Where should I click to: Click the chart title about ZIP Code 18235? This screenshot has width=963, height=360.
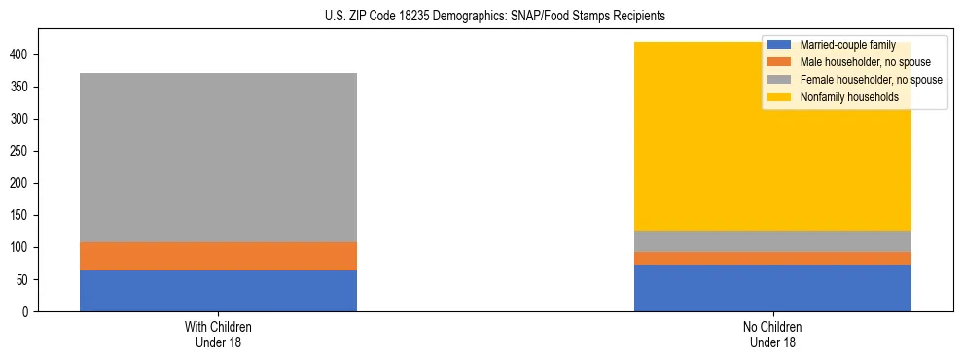[x=481, y=17]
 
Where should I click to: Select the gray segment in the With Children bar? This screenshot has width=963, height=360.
[x=218, y=158]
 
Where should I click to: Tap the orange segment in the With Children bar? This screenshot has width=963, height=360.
[x=218, y=256]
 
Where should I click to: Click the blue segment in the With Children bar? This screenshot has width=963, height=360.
[x=218, y=291]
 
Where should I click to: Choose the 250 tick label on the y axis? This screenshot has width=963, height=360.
[x=20, y=152]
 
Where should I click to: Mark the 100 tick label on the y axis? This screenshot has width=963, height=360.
[x=20, y=248]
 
